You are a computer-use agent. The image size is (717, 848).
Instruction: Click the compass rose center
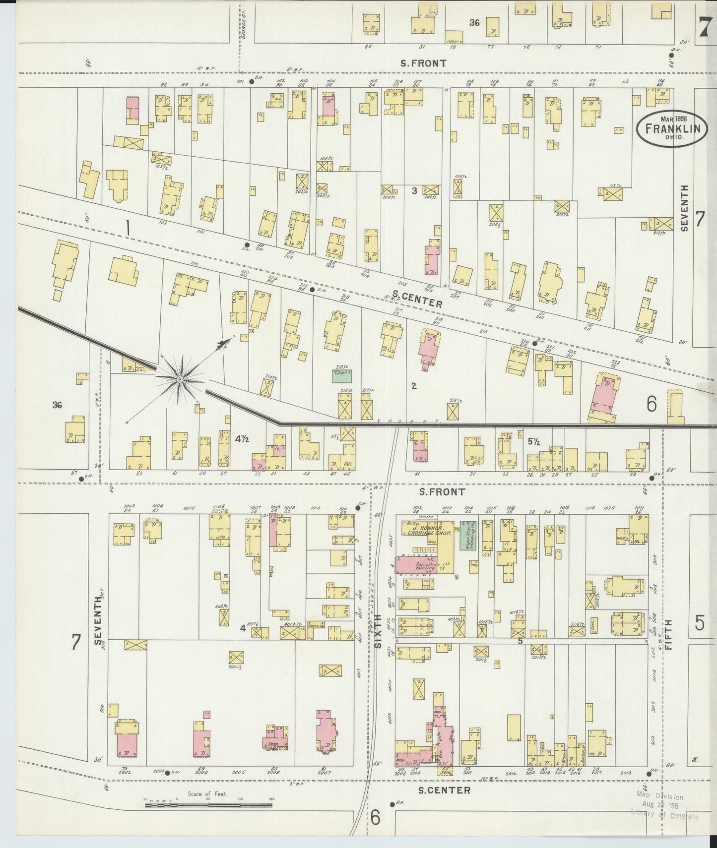pyautogui.click(x=180, y=379)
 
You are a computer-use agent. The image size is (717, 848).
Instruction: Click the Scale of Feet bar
pyautogui.click(x=208, y=805)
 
